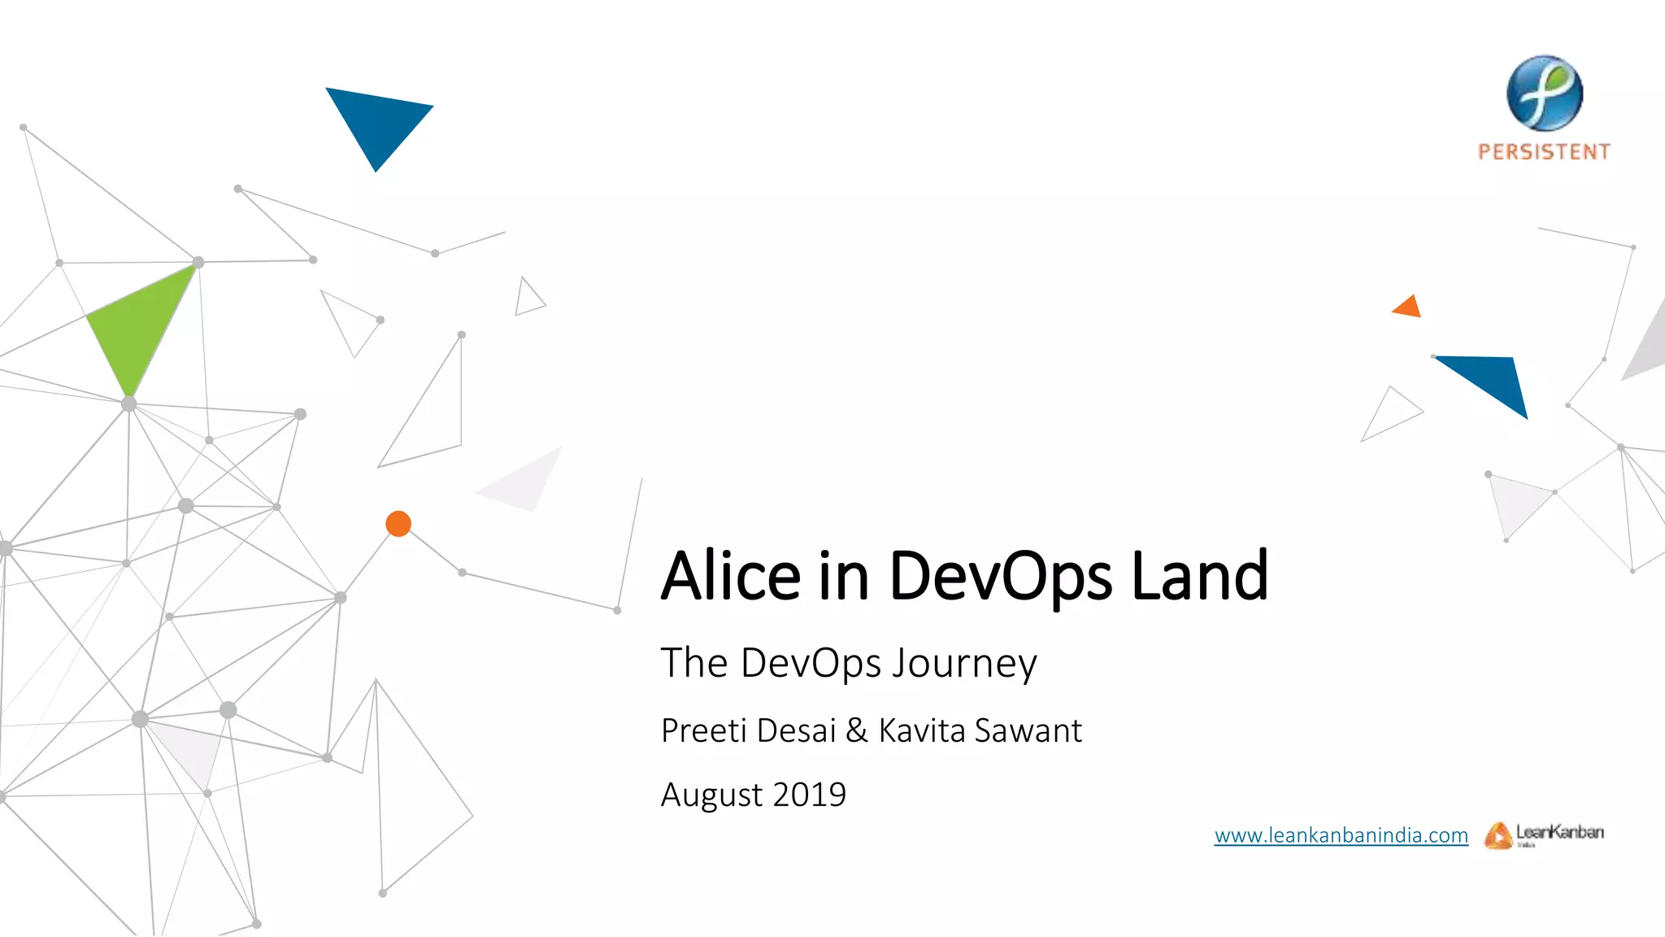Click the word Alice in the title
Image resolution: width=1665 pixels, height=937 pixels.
[x=731, y=576]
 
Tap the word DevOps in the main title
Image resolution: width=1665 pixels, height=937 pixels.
[x=1001, y=576]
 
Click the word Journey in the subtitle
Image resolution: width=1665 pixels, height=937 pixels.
[x=964, y=664]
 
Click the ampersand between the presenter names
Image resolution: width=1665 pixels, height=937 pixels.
[x=857, y=730]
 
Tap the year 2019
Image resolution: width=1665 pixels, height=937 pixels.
[x=809, y=795]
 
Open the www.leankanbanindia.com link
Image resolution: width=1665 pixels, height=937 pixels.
[x=1341, y=835]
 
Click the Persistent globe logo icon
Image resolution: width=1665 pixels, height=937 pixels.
[x=1544, y=94]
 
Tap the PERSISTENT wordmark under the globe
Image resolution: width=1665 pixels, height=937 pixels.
[x=1544, y=152]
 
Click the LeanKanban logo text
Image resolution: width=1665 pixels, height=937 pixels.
[x=1559, y=832]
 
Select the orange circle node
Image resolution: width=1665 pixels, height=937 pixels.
[x=398, y=524]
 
